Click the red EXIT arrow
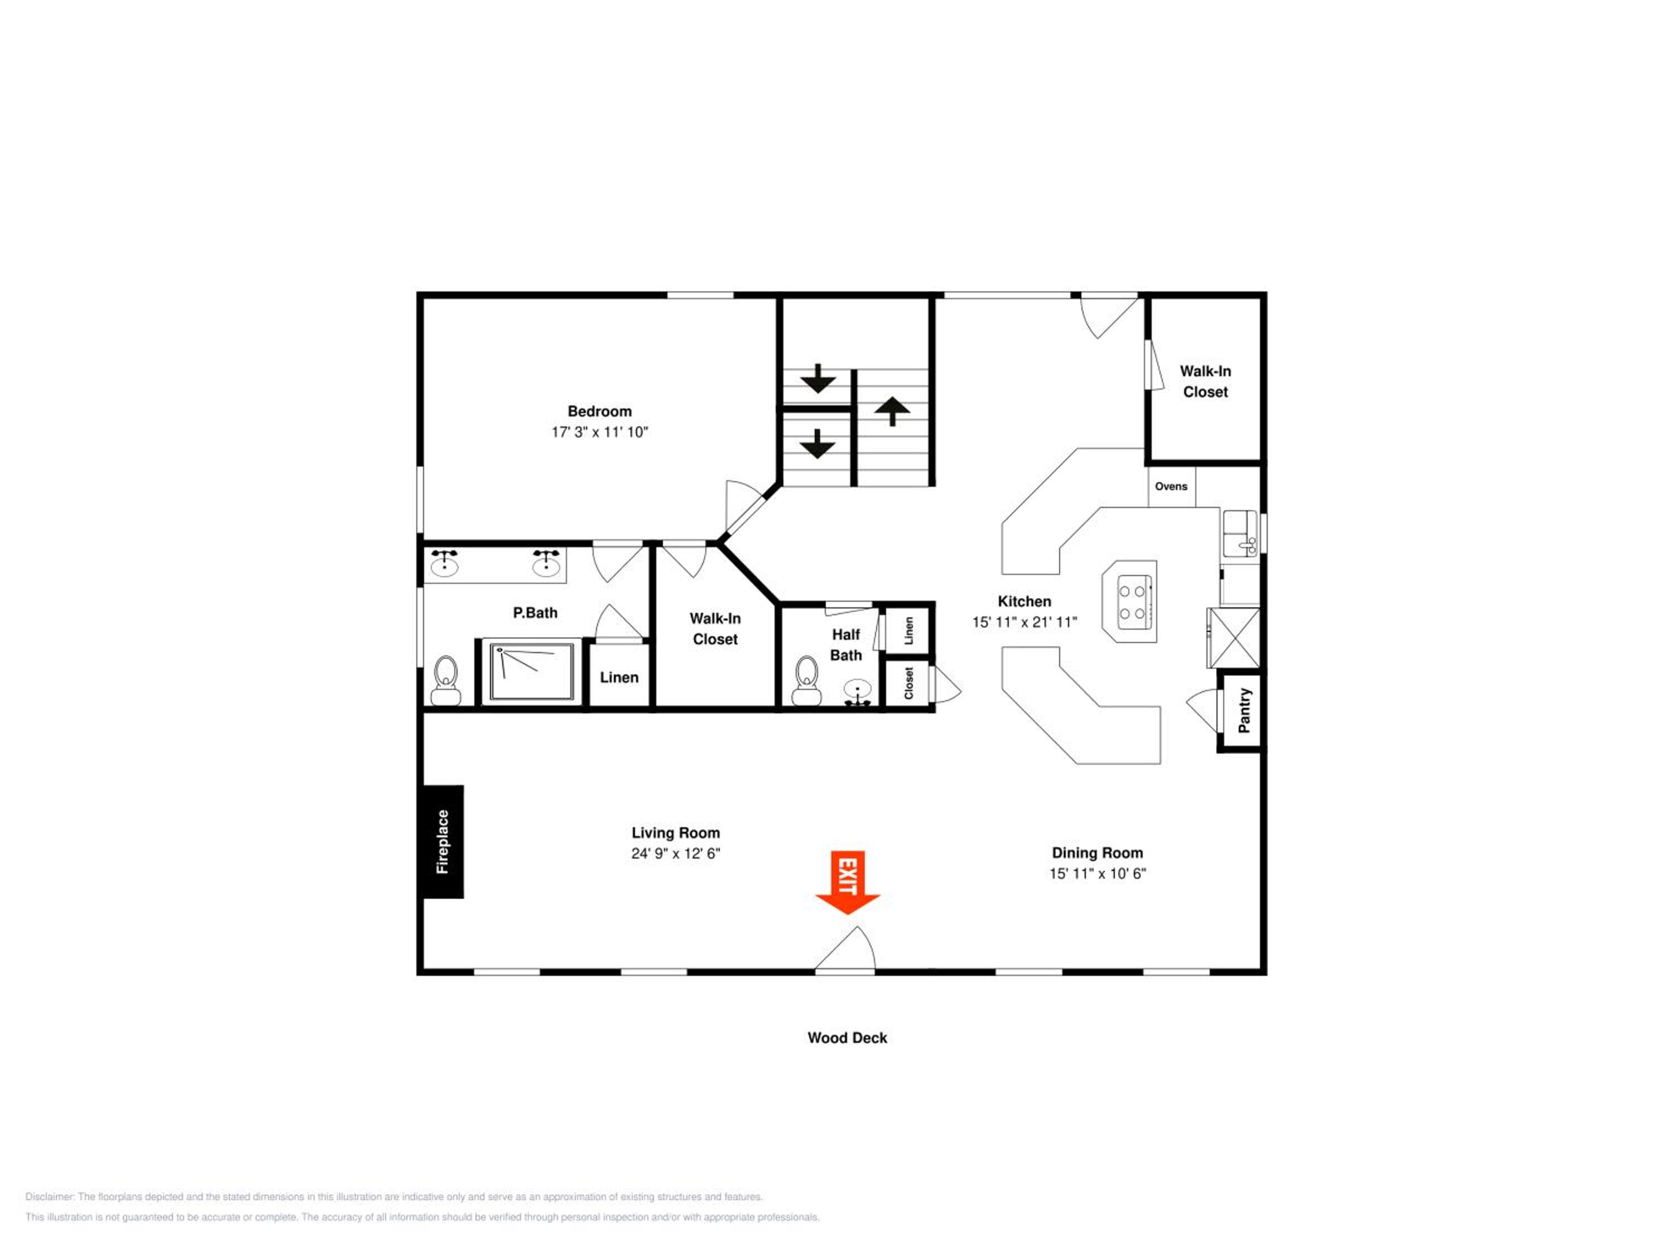click(x=847, y=882)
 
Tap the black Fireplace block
click(x=442, y=841)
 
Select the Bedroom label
click(x=599, y=411)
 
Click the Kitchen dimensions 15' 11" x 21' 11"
click(x=1024, y=621)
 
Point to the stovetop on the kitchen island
click(x=1134, y=602)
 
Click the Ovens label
click(x=1171, y=486)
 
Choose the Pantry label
click(x=1243, y=710)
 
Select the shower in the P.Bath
click(x=532, y=672)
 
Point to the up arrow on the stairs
click(x=892, y=411)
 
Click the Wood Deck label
click(x=847, y=1037)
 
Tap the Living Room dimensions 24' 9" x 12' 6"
click(x=676, y=853)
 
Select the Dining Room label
click(x=1098, y=852)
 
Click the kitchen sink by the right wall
click(x=1240, y=533)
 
